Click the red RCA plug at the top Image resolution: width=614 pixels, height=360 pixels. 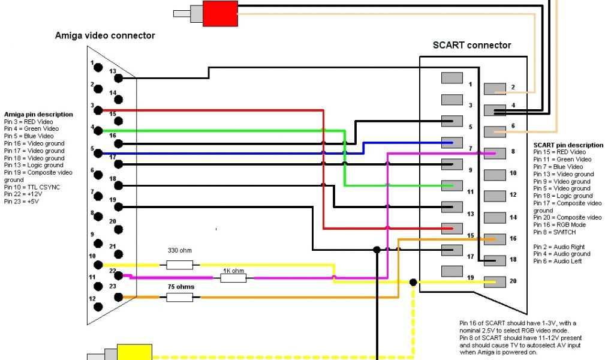[x=220, y=13]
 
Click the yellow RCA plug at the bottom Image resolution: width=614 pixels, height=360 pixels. [x=134, y=352]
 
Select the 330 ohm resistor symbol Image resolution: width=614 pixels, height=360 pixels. [x=179, y=265]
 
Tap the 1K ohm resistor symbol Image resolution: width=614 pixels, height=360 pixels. [x=233, y=278]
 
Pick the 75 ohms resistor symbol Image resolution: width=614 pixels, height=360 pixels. [x=179, y=297]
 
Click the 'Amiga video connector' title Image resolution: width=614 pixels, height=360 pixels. [x=105, y=35]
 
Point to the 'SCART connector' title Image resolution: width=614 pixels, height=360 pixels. [x=472, y=45]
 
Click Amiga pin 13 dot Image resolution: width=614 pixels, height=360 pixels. [x=119, y=78]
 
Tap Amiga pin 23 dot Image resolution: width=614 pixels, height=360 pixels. [x=119, y=296]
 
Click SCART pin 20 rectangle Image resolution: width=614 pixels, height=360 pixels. [x=495, y=281]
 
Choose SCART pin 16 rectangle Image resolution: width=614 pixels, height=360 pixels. [x=495, y=239]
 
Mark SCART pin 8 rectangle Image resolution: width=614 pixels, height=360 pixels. [x=495, y=153]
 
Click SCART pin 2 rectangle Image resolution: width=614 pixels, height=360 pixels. [x=495, y=89]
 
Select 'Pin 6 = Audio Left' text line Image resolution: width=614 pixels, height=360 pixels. [x=558, y=261]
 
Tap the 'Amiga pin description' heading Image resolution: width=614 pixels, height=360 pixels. [x=38, y=114]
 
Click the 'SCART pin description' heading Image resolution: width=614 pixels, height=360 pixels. [x=568, y=145]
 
